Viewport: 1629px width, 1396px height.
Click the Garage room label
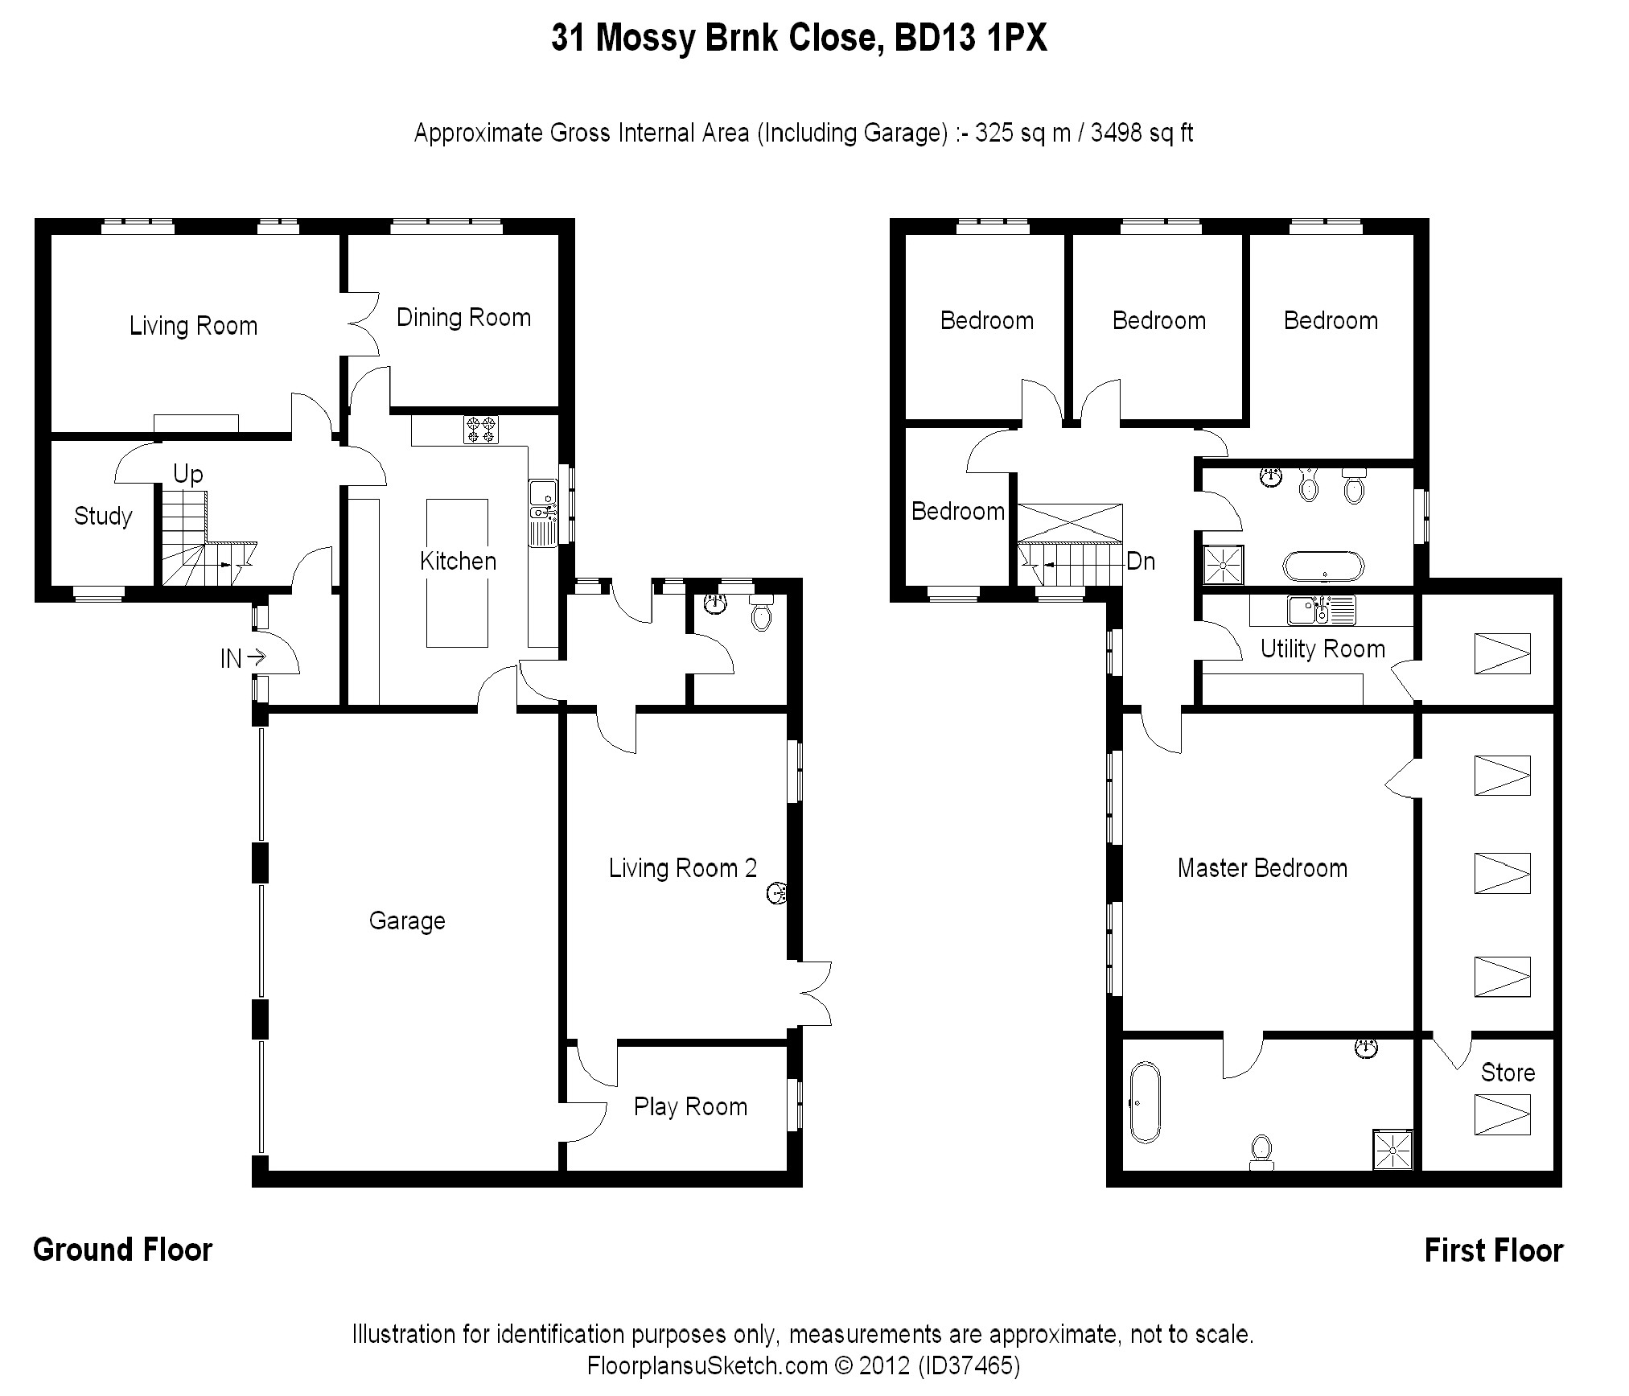click(407, 921)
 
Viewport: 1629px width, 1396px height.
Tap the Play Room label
click(690, 1107)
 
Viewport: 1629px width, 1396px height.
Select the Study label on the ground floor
click(103, 516)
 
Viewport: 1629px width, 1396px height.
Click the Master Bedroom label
click(1262, 868)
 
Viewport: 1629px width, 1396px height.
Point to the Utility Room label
click(1323, 649)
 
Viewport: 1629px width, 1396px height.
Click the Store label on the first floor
click(1508, 1073)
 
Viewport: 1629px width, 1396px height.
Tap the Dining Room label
click(463, 318)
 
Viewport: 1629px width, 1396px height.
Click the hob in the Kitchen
click(481, 430)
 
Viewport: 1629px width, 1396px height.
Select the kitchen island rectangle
click(457, 573)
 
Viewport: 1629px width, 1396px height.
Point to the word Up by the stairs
click(187, 475)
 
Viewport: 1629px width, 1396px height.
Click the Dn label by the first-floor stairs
click(1141, 562)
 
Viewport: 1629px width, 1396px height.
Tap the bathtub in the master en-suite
click(1145, 1102)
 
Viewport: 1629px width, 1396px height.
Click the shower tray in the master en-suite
click(1392, 1150)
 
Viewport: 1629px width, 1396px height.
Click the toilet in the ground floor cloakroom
click(760, 612)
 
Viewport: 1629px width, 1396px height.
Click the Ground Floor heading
click(123, 1250)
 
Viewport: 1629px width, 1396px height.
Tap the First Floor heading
click(1494, 1251)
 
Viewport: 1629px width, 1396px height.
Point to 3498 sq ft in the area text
click(1142, 133)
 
